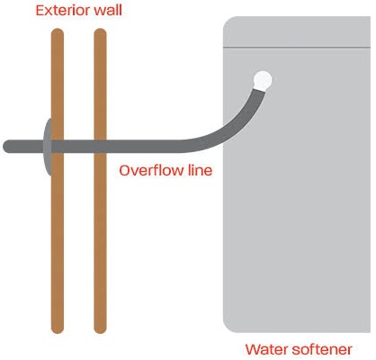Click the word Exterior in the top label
58,10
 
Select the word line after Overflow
200,170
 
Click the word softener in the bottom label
321,349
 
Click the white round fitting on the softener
263,80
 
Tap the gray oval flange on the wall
48,147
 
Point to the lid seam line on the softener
297,47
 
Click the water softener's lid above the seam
297,31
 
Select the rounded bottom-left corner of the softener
228,328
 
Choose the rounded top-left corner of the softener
228,22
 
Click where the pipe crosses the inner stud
100,147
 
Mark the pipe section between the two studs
79,147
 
